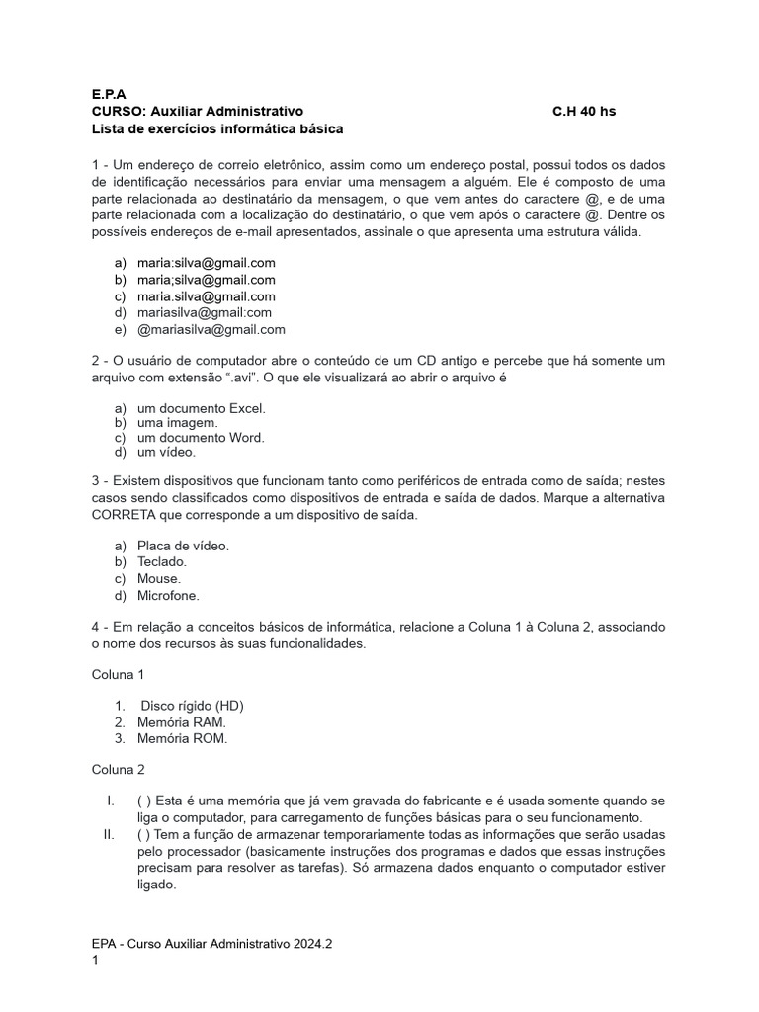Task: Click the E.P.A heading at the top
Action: (x=109, y=93)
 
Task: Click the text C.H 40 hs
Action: (x=583, y=111)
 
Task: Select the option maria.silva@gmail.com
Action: (x=206, y=296)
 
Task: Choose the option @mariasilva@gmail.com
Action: (x=211, y=330)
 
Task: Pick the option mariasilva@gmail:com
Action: (x=204, y=313)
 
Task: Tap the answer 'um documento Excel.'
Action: (x=201, y=407)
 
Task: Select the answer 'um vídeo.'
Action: (x=166, y=452)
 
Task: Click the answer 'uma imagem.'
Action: (x=177, y=422)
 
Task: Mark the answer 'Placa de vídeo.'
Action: (x=183, y=546)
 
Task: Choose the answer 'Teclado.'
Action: (x=161, y=561)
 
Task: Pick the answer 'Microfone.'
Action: (x=168, y=595)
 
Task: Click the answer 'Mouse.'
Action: (x=158, y=578)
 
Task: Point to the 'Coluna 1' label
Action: (x=119, y=674)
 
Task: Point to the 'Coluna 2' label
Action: (x=119, y=769)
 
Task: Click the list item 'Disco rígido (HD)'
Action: (x=192, y=705)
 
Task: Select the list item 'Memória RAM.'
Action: (x=181, y=722)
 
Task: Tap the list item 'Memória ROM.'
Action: (x=182, y=739)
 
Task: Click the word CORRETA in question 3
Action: (x=123, y=515)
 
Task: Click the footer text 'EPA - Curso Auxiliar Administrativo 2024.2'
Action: (x=211, y=944)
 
